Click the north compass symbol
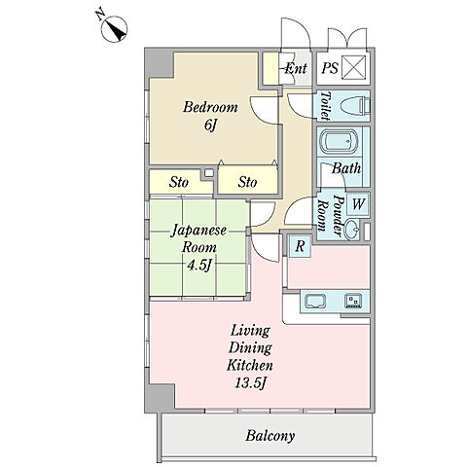pyautogui.click(x=114, y=29)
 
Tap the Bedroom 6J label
pyautogui.click(x=210, y=116)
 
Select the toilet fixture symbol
pyautogui.click(x=355, y=105)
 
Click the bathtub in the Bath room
pyautogui.click(x=340, y=143)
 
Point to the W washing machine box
pyautogui.click(x=358, y=204)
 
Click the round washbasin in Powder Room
pyautogui.click(x=351, y=230)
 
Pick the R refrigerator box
pyautogui.click(x=300, y=246)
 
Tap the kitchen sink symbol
pyautogui.click(x=315, y=302)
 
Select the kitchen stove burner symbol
pyautogui.click(x=353, y=301)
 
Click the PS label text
pyautogui.click(x=330, y=68)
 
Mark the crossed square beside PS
pyautogui.click(x=353, y=67)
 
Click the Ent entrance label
pyautogui.click(x=296, y=68)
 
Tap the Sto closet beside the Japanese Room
pyautogui.click(x=179, y=182)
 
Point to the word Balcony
pyautogui.click(x=269, y=436)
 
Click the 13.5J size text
pyautogui.click(x=251, y=383)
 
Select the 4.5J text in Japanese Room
pyautogui.click(x=198, y=266)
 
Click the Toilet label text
pyautogui.click(x=325, y=106)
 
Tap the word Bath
pyautogui.click(x=346, y=168)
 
